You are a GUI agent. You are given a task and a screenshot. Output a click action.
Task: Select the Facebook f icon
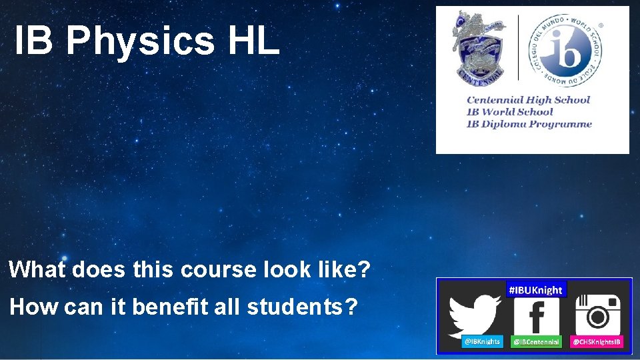click(x=536, y=317)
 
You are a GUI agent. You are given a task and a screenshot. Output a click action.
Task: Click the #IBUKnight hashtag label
click(x=535, y=290)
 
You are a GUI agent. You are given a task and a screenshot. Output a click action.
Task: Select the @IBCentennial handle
click(x=536, y=341)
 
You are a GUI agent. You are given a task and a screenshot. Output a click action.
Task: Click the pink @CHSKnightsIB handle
click(x=597, y=341)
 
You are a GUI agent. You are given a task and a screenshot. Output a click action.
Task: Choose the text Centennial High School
click(x=528, y=100)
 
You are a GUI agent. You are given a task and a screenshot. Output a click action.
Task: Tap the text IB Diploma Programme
click(x=529, y=123)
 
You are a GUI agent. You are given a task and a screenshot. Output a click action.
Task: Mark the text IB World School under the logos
click(x=510, y=112)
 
